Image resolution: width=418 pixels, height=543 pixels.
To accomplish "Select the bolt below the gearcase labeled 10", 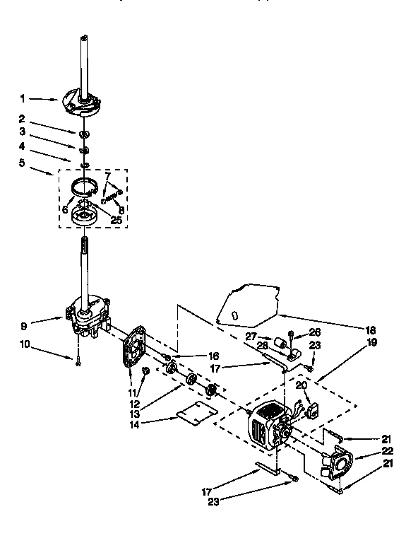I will (x=77, y=361).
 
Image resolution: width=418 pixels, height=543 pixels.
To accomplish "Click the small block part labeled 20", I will (x=311, y=409).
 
